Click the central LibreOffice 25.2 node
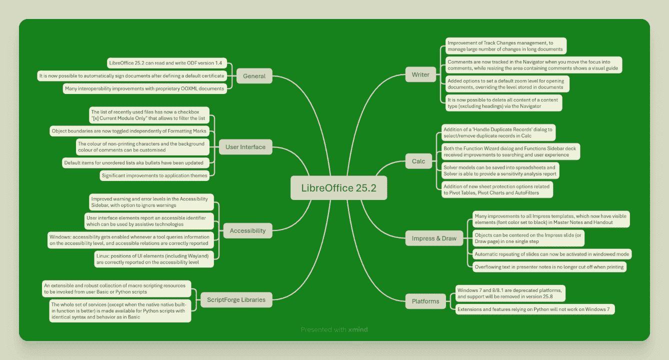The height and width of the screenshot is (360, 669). tap(338, 188)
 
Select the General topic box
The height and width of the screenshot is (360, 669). tap(254, 76)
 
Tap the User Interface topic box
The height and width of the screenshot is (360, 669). tap(245, 147)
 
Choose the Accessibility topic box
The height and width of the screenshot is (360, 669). tap(247, 230)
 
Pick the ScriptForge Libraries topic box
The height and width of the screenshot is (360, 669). tap(236, 299)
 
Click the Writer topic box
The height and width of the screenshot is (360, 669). tap(420, 74)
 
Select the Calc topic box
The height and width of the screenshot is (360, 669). tap(418, 161)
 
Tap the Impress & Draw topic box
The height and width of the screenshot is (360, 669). tap(434, 238)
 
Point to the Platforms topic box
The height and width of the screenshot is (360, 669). tap(425, 301)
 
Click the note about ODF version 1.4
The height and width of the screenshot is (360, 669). tap(167, 63)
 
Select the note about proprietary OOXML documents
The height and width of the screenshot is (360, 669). tap(145, 88)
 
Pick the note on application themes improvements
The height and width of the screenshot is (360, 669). tap(154, 175)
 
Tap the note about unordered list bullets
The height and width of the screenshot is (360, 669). tap(135, 163)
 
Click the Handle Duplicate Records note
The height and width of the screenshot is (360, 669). tap(498, 132)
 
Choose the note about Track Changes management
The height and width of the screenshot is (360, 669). tap(506, 46)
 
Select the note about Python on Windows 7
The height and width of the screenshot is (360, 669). tap(535, 309)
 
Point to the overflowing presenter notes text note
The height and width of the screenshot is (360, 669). tap(549, 267)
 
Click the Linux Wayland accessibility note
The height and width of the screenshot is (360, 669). tap(154, 259)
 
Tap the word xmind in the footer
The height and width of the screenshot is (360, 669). tap(358, 329)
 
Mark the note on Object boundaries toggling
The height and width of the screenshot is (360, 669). tap(129, 131)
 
